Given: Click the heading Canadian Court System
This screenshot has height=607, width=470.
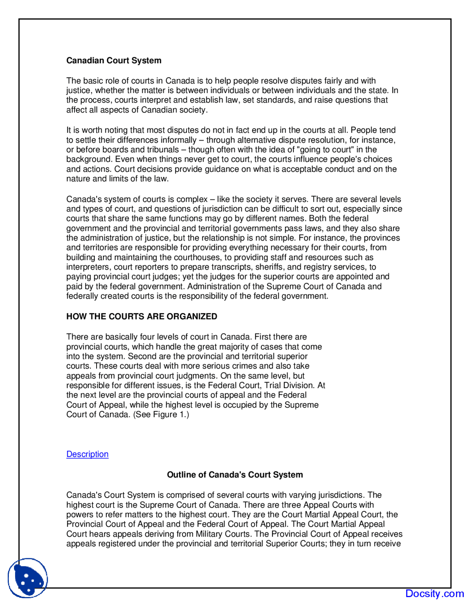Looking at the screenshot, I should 114,60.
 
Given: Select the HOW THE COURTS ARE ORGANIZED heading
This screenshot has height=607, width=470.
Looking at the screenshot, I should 142,316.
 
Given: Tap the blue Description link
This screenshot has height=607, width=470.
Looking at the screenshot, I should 87,454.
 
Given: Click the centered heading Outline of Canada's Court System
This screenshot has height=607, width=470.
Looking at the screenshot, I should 235,475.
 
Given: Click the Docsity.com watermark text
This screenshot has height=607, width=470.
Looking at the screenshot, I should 434,593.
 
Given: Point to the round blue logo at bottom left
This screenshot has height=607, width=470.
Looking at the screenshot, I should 28,578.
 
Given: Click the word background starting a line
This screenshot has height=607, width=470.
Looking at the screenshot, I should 89,159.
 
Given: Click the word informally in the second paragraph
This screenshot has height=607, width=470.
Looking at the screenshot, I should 178,140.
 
